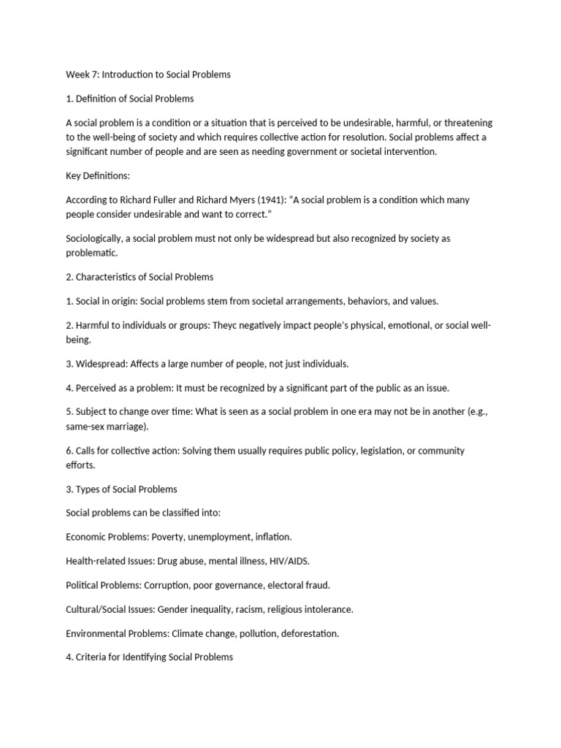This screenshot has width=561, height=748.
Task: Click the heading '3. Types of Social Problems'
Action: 121,489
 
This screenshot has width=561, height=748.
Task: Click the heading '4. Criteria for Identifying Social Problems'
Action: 149,657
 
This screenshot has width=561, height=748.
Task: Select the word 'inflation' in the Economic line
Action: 272,536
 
